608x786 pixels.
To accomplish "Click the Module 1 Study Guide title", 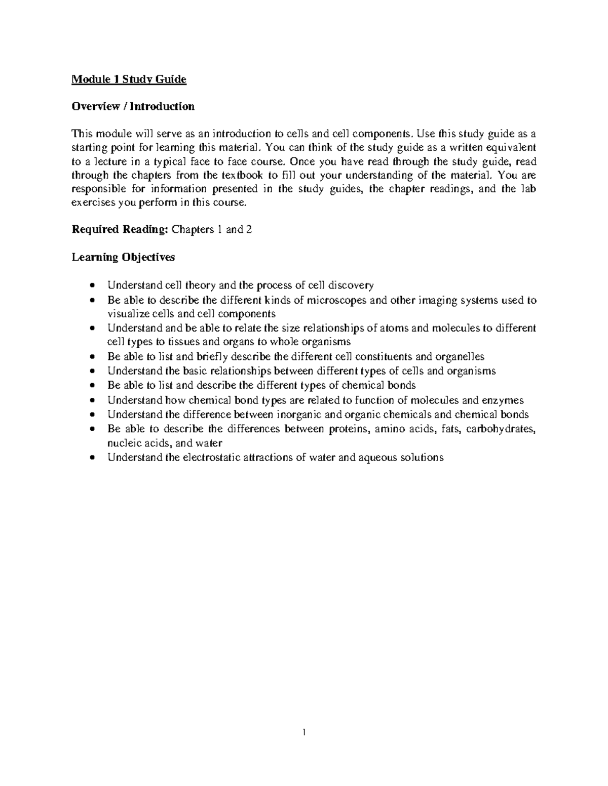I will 129,79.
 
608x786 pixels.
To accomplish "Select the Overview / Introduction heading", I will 133,106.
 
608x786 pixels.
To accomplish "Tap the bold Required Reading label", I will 120,229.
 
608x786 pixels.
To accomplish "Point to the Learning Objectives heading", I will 123,257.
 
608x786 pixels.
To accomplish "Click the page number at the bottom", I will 304,732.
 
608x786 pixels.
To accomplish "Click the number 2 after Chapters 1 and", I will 249,229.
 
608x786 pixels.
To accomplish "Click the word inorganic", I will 299,415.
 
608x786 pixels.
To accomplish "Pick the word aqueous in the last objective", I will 378,458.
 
